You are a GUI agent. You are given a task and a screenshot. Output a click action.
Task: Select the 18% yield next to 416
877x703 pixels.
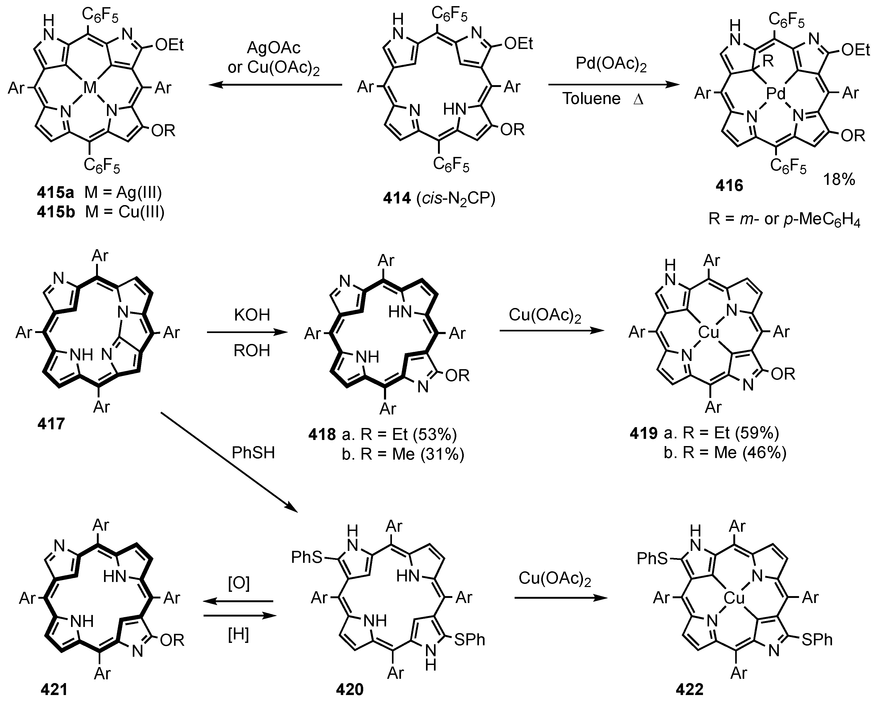click(x=839, y=179)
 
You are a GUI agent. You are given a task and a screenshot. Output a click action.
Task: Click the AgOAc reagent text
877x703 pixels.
click(x=273, y=48)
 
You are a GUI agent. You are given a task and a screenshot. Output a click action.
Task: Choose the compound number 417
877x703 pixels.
click(x=51, y=424)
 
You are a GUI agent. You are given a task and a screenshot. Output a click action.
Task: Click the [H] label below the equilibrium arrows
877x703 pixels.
click(x=238, y=634)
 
